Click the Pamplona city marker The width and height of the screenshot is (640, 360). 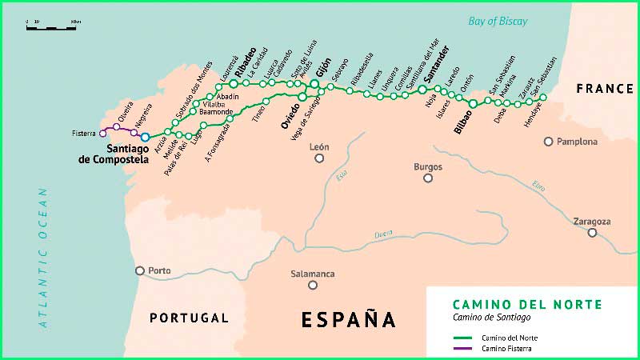(548, 142)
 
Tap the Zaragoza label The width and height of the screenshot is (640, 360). (592, 221)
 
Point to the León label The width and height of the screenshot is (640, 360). (319, 147)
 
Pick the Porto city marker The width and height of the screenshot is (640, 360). (140, 270)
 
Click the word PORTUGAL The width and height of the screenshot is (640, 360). (189, 318)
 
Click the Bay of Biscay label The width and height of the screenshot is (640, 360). (498, 22)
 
